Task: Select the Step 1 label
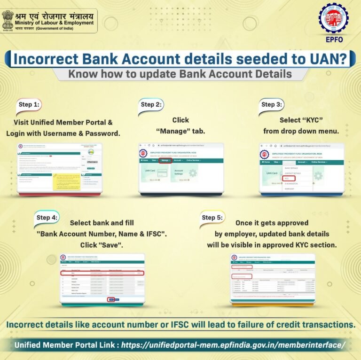coord(28,104)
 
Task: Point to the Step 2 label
coord(151,104)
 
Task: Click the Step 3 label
coord(271,104)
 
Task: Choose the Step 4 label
coord(47,217)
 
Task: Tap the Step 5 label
coord(212,217)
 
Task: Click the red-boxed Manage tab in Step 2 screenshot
coord(165,161)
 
